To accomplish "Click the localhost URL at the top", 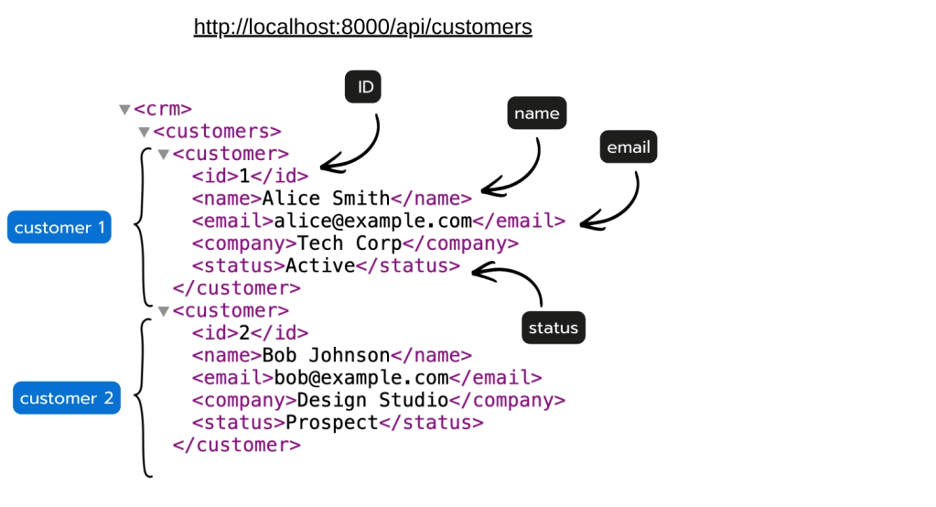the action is coord(363,27).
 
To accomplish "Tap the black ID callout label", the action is coord(363,87).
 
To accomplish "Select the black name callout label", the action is coord(537,113).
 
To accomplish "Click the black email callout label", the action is coord(629,147).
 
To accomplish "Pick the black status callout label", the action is coord(554,328).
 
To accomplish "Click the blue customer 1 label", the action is coord(59,227).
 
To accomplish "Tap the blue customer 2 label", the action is coord(67,398).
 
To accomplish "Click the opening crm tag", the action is coord(163,109).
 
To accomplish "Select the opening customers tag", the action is coord(217,132).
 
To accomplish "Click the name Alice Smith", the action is coord(326,199).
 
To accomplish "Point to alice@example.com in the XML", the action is coord(373,221).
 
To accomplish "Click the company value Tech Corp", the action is coord(350,243).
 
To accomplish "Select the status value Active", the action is coord(320,265).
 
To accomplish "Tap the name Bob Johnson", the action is coord(326,355).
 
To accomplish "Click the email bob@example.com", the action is coord(361,378).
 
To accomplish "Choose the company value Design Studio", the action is coord(372,400).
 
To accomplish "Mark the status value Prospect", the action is coord(332,423).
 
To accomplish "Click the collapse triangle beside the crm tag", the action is coord(124,109).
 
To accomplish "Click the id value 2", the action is coord(244,332).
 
